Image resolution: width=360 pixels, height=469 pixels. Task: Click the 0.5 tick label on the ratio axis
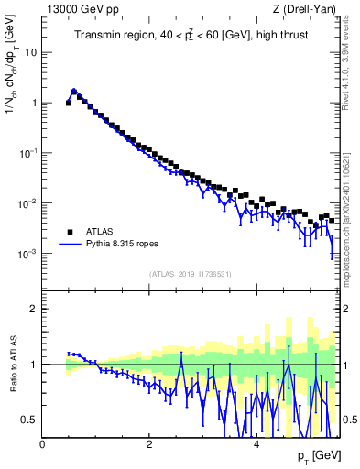pos(30,420)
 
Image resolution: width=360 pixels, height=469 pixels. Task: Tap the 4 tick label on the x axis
pos(256,444)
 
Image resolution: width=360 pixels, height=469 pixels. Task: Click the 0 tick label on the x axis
pos(42,444)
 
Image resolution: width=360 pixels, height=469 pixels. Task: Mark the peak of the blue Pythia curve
pos(74,91)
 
